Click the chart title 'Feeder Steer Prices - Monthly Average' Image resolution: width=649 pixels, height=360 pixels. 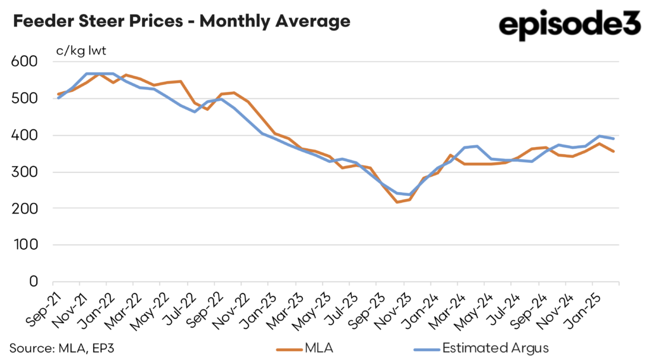[181, 22]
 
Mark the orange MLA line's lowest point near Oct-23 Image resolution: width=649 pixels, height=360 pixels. [397, 202]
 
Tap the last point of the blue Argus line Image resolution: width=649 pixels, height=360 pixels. [614, 138]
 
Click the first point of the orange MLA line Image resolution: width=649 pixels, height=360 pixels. [58, 94]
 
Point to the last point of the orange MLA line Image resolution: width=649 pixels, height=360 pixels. [614, 151]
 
